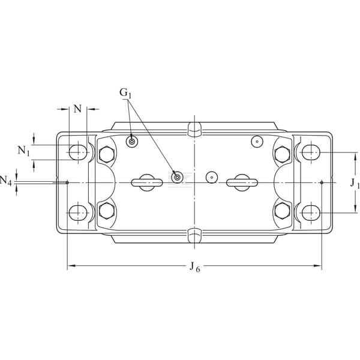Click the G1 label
tap(125, 93)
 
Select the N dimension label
tap(77, 109)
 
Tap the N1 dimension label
tap(24, 151)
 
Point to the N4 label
tap(5, 181)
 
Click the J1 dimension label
tap(355, 183)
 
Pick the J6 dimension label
tap(194, 267)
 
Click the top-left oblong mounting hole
tap(78, 152)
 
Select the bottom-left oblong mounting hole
tap(78, 213)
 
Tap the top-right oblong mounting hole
tap(311, 152)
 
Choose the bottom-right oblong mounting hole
tap(311, 213)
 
